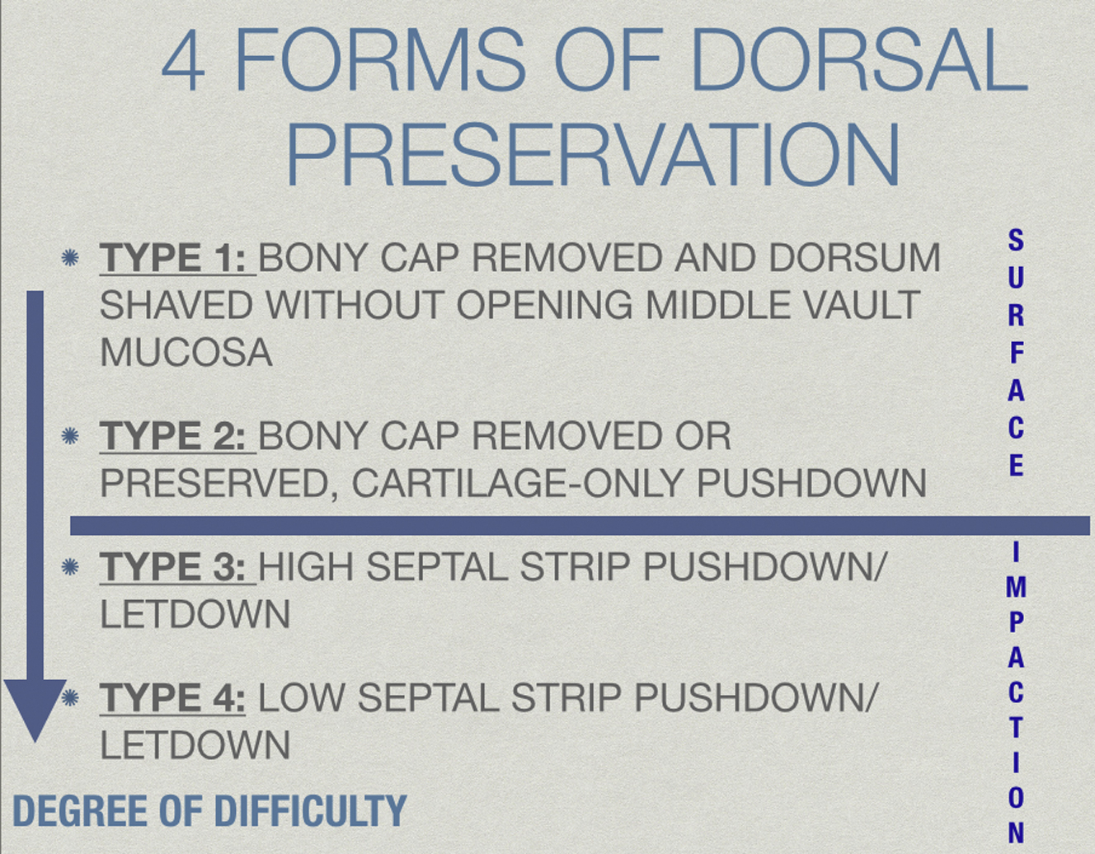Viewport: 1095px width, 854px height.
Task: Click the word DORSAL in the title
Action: (860, 59)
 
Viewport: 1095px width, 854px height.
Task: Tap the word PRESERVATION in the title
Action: (593, 154)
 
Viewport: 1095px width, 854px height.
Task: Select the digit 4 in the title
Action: (183, 60)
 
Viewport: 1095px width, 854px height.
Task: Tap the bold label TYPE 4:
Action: (172, 697)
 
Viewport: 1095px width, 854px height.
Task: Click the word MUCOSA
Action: (186, 353)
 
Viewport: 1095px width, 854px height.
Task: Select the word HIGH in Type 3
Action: (306, 566)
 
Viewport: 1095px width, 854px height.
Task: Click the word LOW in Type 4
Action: (302, 697)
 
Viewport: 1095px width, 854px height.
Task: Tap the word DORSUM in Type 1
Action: (854, 258)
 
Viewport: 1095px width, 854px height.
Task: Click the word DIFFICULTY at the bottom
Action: (310, 810)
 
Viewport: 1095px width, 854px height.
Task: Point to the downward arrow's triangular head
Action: (35, 706)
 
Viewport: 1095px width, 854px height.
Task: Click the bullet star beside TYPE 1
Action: (70, 258)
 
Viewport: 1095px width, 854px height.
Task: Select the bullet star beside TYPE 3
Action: (70, 567)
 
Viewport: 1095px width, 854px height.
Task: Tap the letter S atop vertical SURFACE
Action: (1016, 240)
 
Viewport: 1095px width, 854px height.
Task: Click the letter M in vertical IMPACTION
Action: (1016, 587)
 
